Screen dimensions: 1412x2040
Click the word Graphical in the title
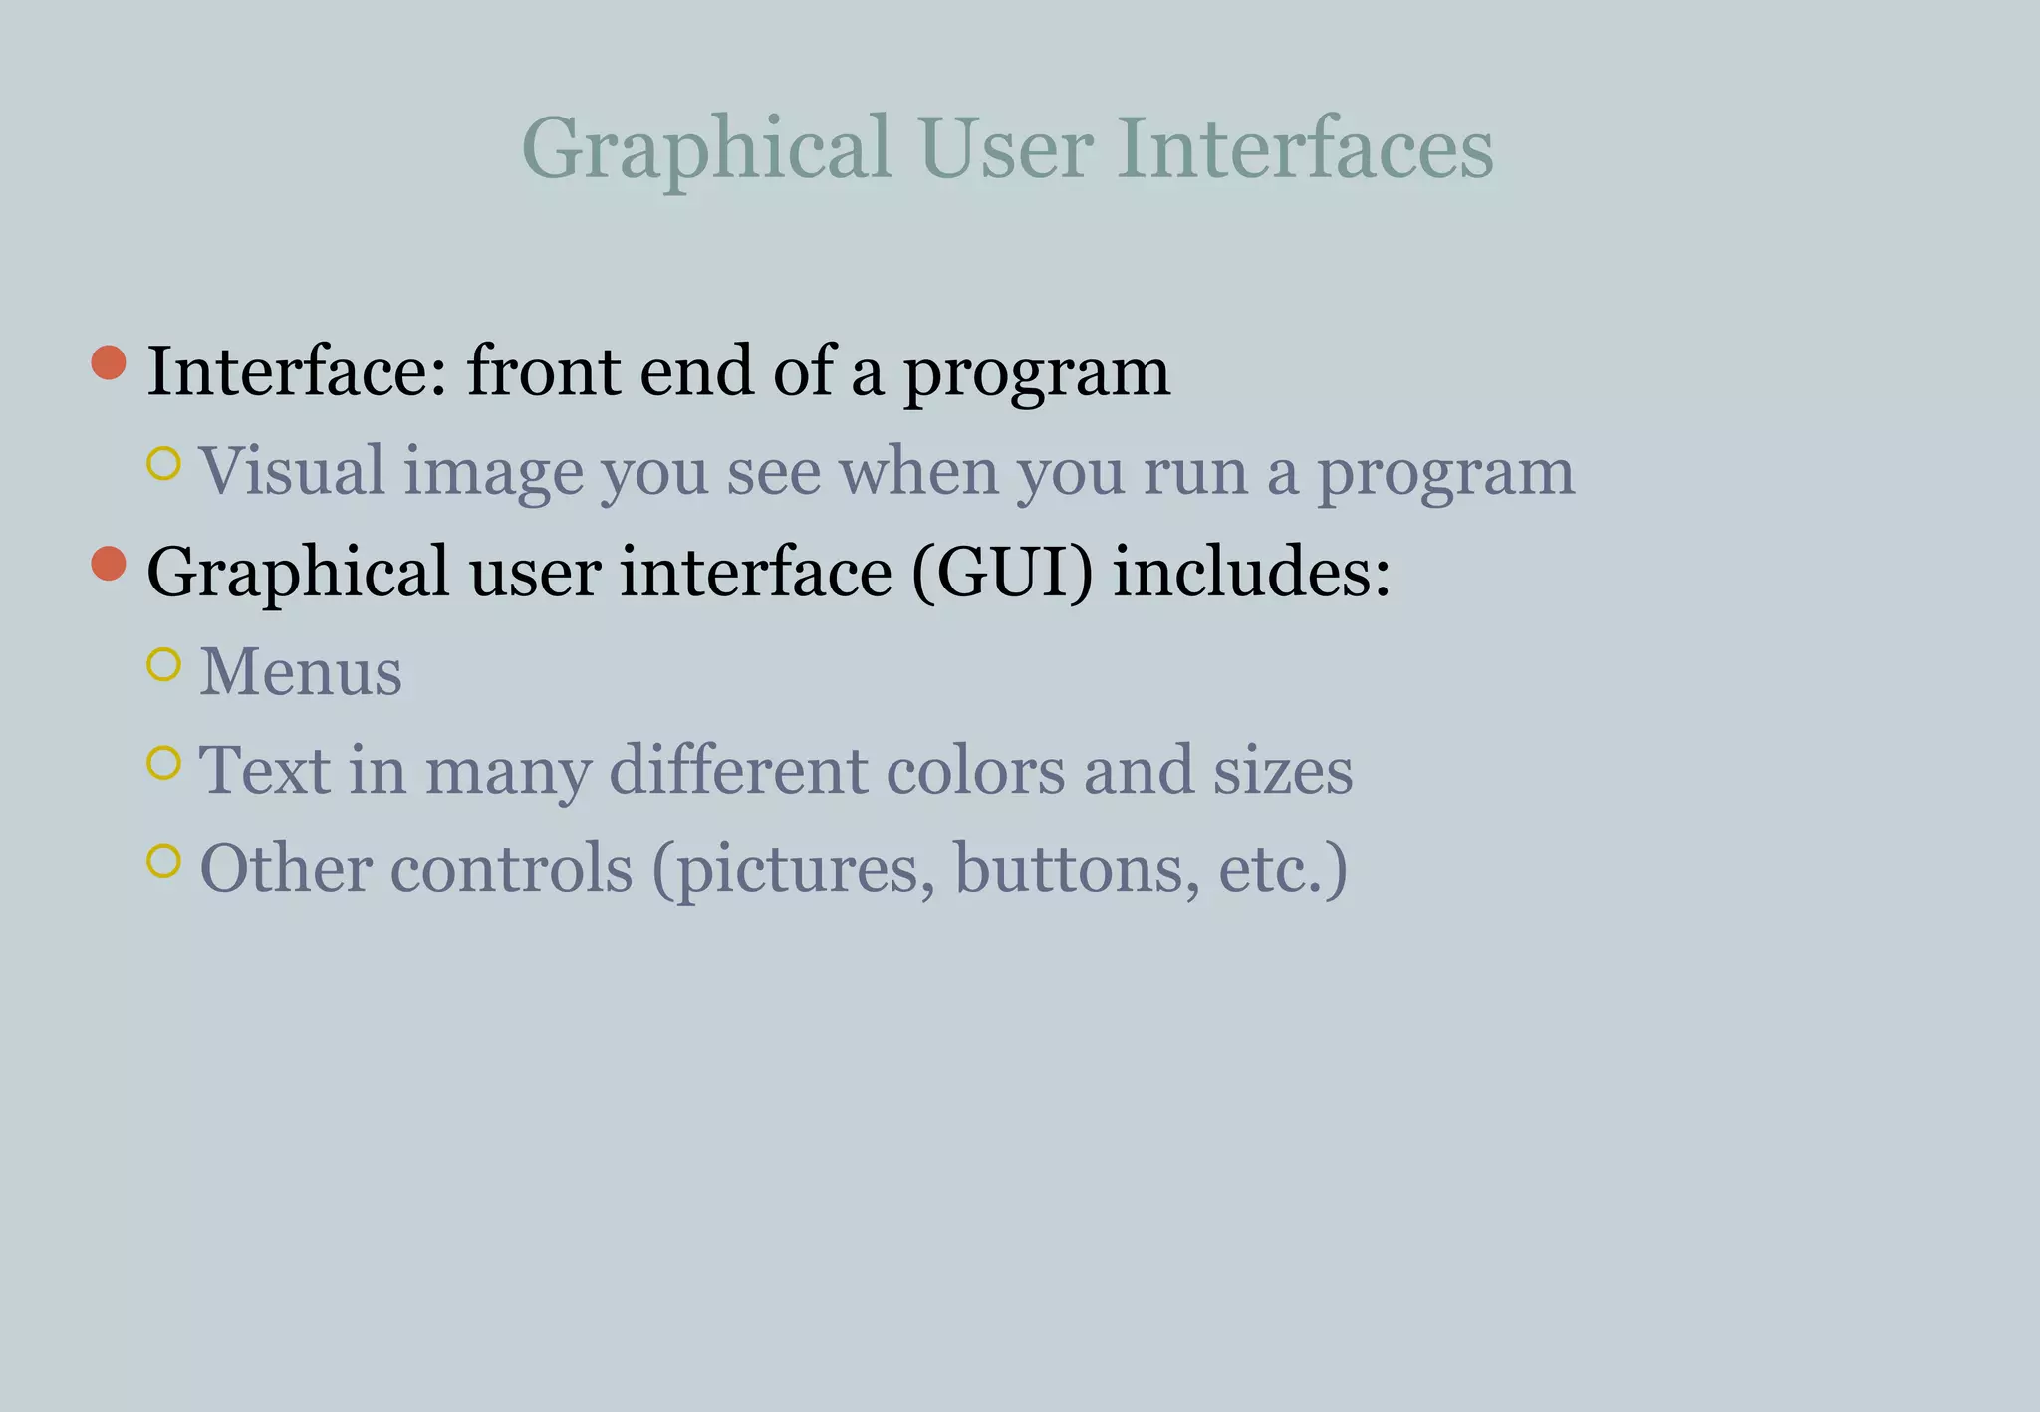coord(705,149)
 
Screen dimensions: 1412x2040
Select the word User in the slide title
coord(1006,149)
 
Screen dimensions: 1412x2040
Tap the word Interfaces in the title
coord(1305,149)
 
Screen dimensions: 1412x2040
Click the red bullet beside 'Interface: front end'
coord(109,362)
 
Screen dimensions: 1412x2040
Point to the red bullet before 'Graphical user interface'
coord(109,564)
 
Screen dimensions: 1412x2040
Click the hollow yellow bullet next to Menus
coord(163,664)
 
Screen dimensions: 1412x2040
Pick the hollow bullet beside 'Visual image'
coord(163,463)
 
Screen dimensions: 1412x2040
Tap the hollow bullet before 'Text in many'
coord(163,763)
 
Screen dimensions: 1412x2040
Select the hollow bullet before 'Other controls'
coord(163,861)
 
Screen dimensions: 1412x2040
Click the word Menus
coord(301,672)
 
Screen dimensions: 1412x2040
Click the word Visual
coord(292,471)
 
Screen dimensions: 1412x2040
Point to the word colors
coord(975,771)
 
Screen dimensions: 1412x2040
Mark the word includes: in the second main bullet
coord(1251,574)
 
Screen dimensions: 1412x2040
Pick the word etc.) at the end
coord(1283,869)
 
